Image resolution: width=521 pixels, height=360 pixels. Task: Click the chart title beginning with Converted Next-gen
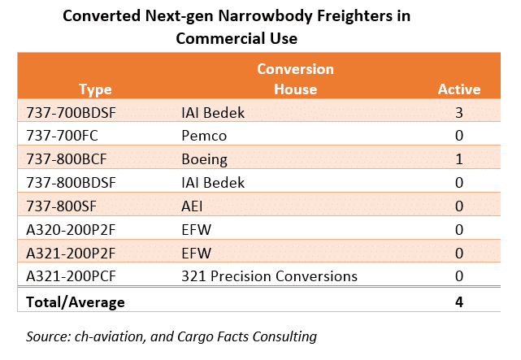243,26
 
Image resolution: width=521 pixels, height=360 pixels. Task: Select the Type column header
96,89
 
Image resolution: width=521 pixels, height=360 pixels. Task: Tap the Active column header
459,89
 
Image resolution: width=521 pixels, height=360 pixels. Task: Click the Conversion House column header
295,80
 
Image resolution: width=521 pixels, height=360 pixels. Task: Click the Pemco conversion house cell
202,135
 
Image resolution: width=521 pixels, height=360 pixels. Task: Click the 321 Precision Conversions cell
269,276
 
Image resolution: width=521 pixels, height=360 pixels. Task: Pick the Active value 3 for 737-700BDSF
459,111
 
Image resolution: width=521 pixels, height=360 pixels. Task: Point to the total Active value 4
459,302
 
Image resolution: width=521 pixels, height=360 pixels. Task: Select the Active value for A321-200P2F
459,253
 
